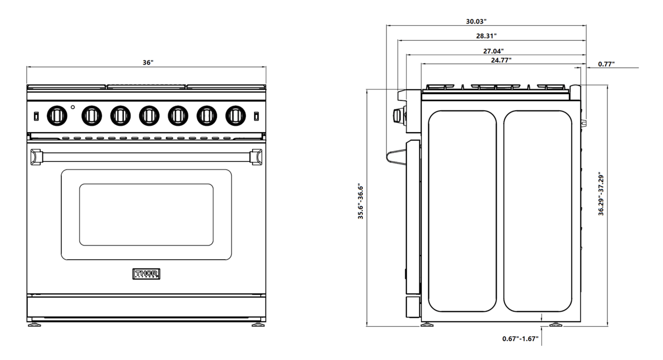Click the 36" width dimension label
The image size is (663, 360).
148,62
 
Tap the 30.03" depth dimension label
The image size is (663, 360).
476,22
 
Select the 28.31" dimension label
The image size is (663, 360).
486,36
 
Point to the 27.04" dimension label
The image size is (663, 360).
493,51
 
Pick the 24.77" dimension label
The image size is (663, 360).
501,60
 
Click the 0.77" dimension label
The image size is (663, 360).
606,64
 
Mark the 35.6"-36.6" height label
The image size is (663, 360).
361,202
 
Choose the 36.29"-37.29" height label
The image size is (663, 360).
601,194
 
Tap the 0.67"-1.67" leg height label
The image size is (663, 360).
520,338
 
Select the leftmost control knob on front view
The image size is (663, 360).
57,115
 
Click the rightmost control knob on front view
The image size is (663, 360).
235,115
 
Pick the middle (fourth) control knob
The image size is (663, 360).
149,115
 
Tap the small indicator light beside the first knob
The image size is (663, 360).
73,108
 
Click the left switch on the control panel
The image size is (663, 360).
36,116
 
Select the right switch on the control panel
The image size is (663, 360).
256,116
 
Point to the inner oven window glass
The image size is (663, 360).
146,214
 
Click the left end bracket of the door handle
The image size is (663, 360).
36,157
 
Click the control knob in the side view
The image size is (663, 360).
398,116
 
